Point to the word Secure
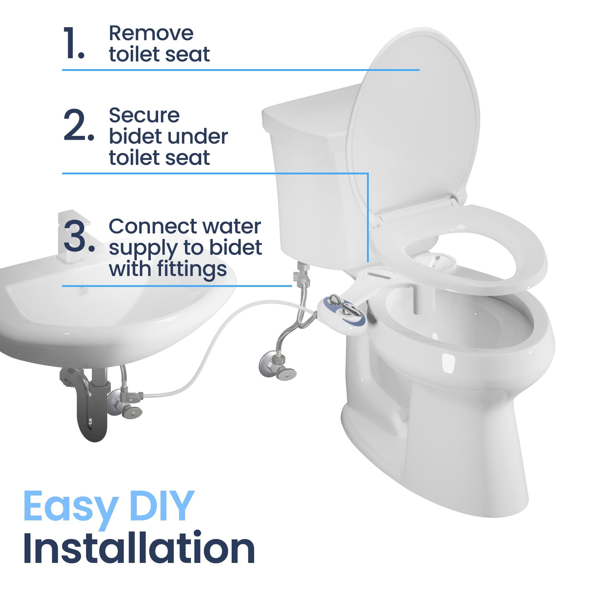(x=144, y=115)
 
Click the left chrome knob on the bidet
(x=334, y=299)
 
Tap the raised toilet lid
(x=413, y=122)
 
